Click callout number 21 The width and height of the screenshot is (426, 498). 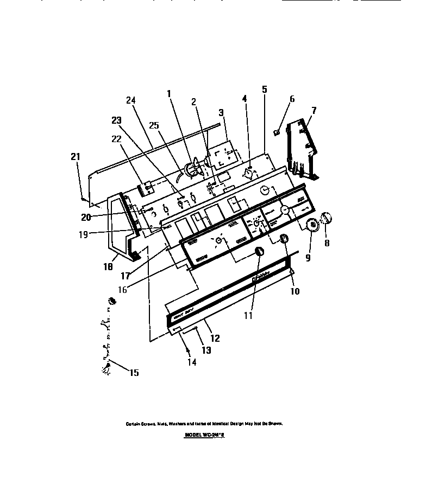click(76, 157)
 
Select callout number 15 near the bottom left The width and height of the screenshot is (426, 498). click(133, 372)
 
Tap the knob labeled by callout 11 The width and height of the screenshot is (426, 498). click(259, 251)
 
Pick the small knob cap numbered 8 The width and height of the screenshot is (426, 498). click(326, 218)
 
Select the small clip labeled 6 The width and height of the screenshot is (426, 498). click(277, 131)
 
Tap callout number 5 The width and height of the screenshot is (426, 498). click(265, 90)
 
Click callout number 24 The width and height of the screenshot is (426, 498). click(130, 100)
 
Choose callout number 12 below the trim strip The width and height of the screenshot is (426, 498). click(215, 338)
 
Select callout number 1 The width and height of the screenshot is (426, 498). click(170, 93)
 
